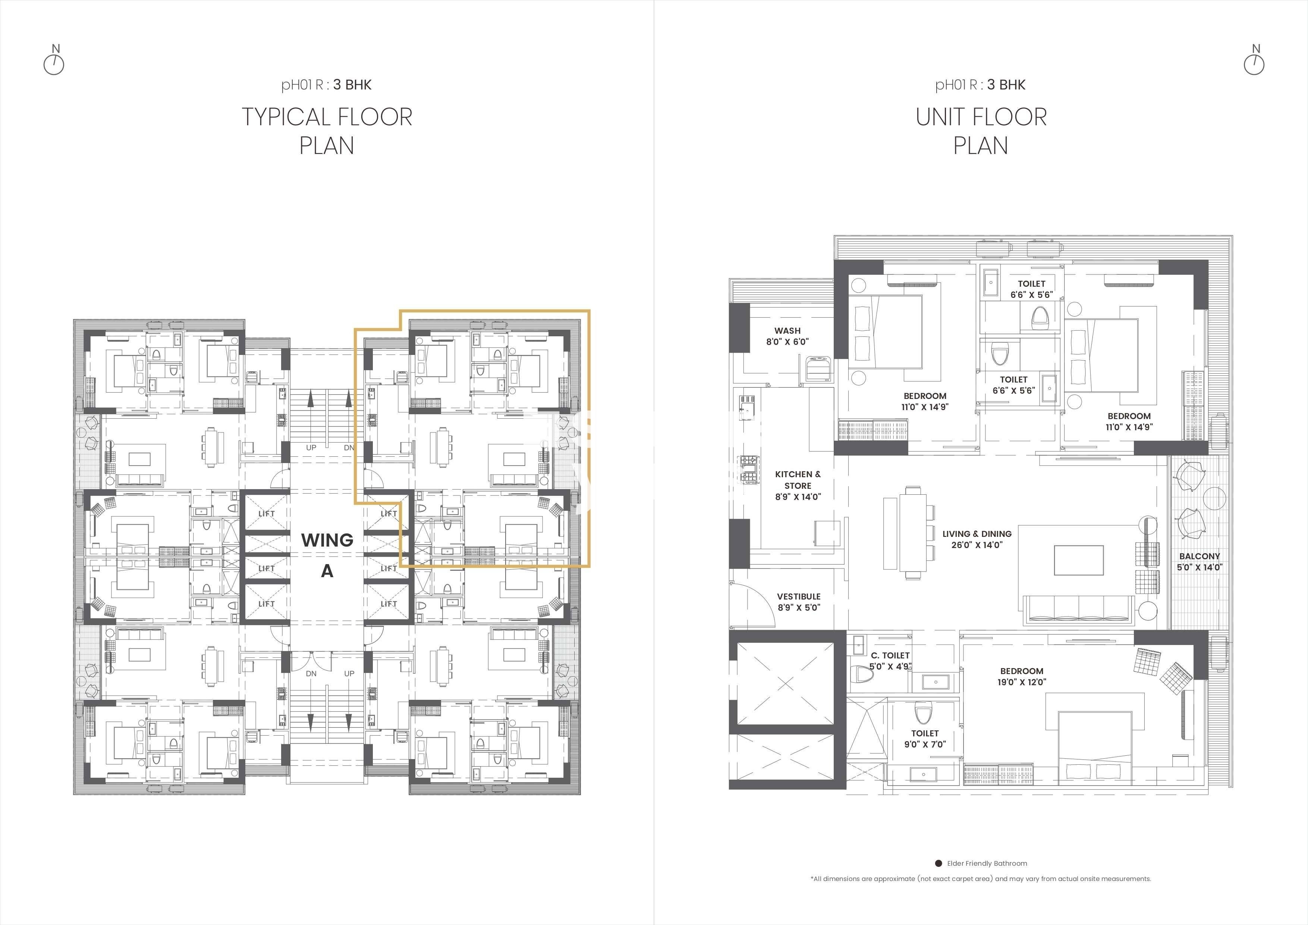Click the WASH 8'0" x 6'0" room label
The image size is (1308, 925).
click(x=787, y=336)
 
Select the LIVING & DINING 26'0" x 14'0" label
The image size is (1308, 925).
click(x=977, y=539)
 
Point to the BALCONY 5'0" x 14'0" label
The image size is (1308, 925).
click(x=1200, y=561)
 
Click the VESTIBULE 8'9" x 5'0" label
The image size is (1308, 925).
click(x=799, y=601)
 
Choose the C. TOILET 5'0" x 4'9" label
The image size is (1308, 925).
click(x=890, y=661)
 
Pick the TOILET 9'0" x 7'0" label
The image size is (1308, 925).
click(x=925, y=738)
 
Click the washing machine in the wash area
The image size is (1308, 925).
click(x=819, y=366)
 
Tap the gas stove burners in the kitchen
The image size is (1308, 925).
click(x=749, y=469)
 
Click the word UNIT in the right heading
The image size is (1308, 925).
click(x=946, y=117)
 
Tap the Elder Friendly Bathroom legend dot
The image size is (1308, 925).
click(x=938, y=863)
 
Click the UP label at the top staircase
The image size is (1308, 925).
click(x=311, y=448)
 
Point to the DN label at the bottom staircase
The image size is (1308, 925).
click(x=311, y=673)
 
